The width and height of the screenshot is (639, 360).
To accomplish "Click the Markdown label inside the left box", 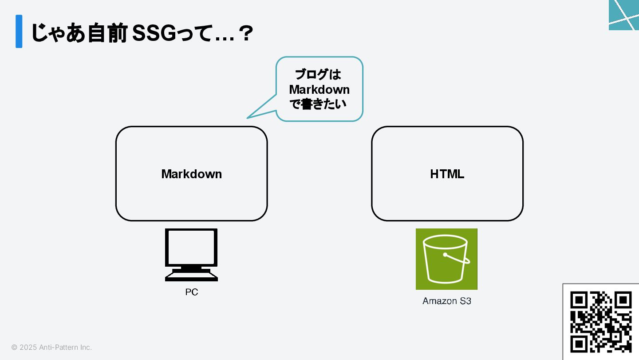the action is coord(191,174).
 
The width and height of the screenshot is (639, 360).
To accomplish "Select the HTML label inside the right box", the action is coord(447,174).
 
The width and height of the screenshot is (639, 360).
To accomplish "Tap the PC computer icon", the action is coord(191,254).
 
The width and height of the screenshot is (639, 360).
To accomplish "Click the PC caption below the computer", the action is coord(191,292).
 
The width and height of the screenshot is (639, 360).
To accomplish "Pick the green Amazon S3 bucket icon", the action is coord(446,259).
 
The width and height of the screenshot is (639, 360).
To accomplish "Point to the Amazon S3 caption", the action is coord(446,301).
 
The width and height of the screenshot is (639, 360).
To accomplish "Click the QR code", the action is coord(600,322).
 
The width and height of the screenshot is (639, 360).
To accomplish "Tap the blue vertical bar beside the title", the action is coord(19,31).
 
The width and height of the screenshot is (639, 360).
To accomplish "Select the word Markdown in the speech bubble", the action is coord(319,89).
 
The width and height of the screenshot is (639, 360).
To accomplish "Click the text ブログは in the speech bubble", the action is coord(318,74).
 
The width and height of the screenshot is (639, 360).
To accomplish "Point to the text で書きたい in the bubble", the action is coord(317,104).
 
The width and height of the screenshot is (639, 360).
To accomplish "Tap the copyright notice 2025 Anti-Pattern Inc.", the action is coord(51,347).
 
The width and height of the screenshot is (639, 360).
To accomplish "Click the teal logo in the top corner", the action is coord(624,15).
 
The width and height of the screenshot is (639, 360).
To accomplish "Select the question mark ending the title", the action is coord(245,34).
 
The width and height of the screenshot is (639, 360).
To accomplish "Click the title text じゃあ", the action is coord(57,34).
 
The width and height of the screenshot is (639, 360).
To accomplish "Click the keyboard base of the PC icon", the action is coord(191,276).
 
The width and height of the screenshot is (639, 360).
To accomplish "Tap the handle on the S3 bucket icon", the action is coord(457,259).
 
